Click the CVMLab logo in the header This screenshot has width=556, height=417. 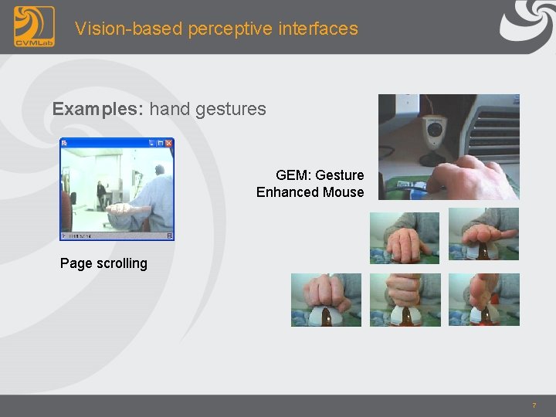34,26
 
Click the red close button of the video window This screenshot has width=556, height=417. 169,143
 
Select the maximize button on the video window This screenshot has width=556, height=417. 160,143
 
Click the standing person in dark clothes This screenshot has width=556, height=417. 100,193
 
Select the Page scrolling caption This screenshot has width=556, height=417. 103,263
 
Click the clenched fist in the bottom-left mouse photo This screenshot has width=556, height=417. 325,292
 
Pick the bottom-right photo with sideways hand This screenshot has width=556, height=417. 483,300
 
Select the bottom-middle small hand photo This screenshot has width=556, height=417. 405,300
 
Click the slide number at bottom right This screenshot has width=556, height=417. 534,405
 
